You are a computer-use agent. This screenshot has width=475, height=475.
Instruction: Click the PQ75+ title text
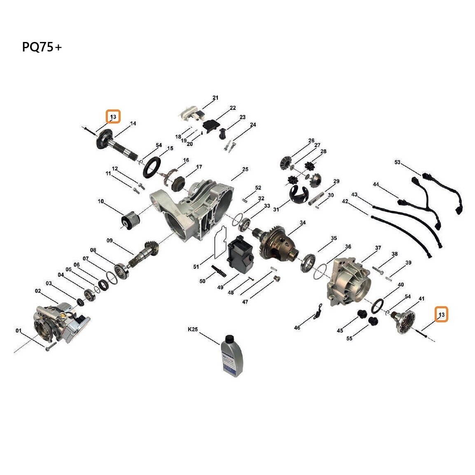pos(42,47)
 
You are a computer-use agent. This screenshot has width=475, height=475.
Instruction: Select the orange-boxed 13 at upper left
pos(113,116)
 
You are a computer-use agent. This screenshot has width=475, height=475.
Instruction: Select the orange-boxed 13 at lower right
pos(442,315)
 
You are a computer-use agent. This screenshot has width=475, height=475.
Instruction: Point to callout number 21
pos(215,98)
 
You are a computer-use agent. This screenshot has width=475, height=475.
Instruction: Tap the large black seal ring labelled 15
pos(153,167)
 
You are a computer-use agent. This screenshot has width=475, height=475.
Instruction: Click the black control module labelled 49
pos(240,255)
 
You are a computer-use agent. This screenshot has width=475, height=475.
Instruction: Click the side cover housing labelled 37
pos(349,282)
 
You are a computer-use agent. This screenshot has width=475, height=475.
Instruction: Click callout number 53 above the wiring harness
pos(398,162)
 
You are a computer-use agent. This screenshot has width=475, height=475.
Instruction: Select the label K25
pos(193,329)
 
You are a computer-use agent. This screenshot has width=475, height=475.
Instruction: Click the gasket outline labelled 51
pos(220,243)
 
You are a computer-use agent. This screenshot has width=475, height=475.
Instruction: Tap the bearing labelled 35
pos(308,263)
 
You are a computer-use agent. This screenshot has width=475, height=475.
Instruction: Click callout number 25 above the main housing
pos(245,169)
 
